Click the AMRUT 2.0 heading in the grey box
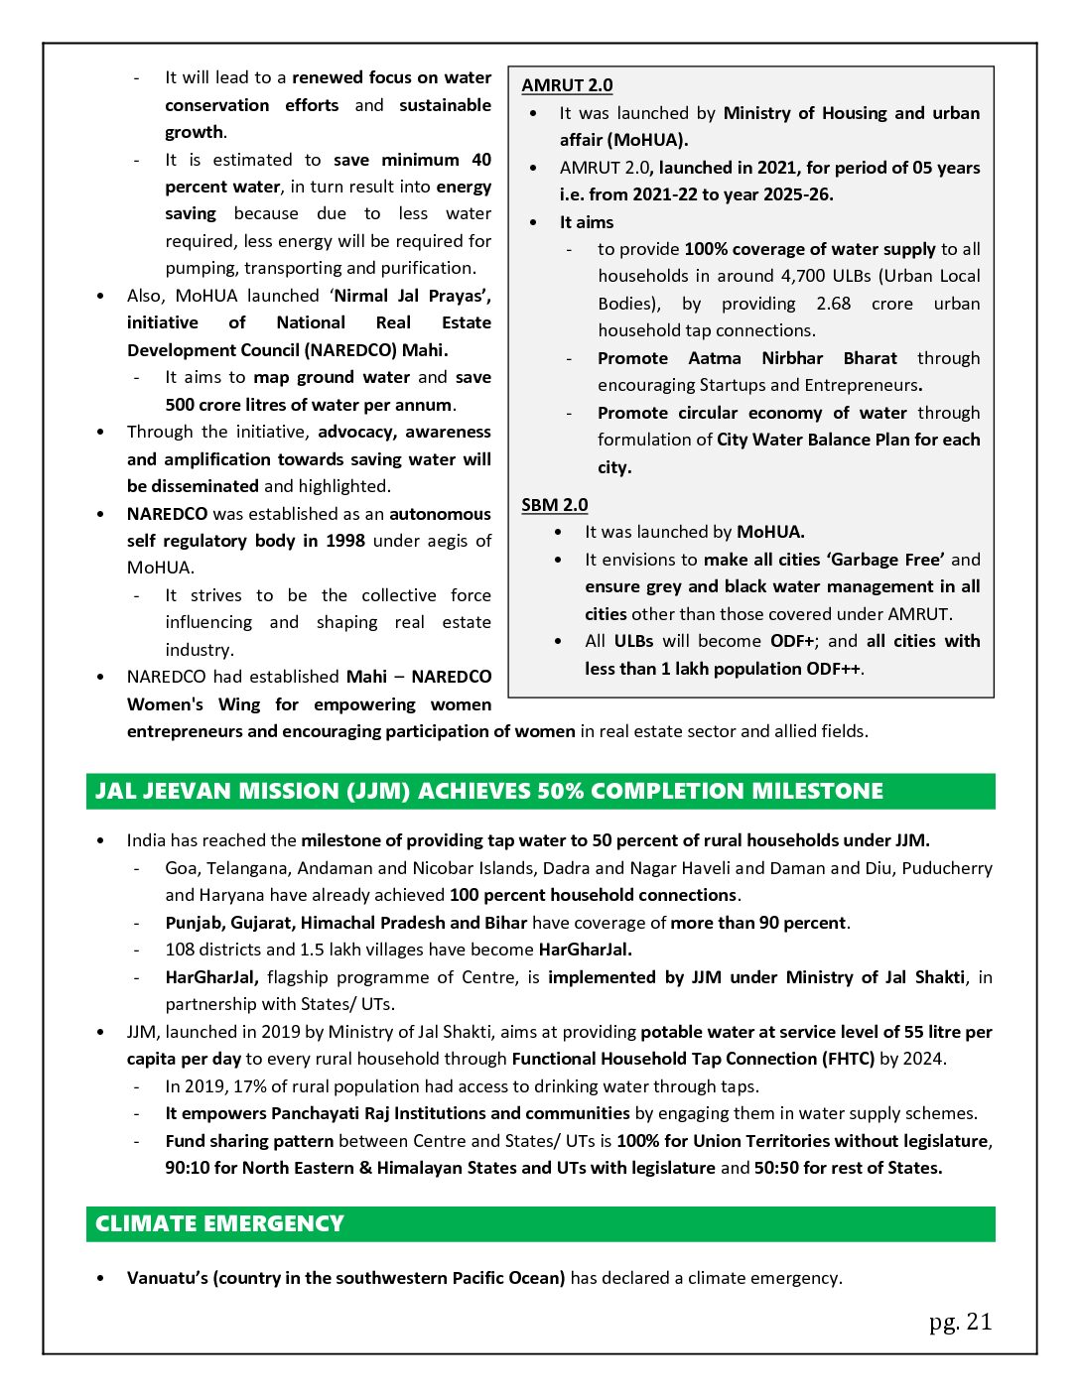pyautogui.click(x=567, y=85)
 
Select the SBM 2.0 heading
pyautogui.click(x=554, y=505)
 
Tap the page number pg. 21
pyautogui.click(x=960, y=1322)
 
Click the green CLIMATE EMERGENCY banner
pyautogui.click(x=540, y=1223)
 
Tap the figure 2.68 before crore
pyautogui.click(x=833, y=304)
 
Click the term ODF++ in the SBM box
pyautogui.click(x=833, y=669)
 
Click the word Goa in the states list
pyautogui.click(x=181, y=868)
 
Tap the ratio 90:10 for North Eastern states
pyautogui.click(x=187, y=1168)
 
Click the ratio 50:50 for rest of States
pyautogui.click(x=775, y=1168)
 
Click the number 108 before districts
pyautogui.click(x=180, y=950)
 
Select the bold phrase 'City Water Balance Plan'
pyautogui.click(x=813, y=440)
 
